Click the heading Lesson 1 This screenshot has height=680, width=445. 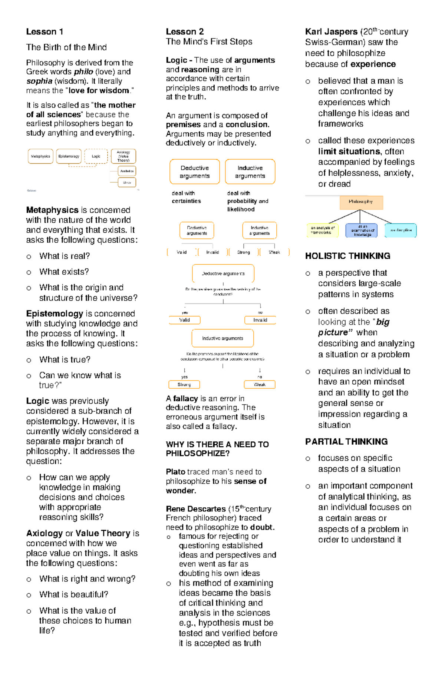[x=44, y=32]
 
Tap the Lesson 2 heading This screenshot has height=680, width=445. [x=185, y=32]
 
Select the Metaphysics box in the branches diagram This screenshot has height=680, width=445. [x=40, y=156]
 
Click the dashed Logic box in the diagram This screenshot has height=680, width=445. [x=96, y=156]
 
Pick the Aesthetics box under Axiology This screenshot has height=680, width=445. [x=127, y=171]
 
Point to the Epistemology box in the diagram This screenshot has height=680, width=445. [x=69, y=156]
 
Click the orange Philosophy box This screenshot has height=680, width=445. [x=361, y=202]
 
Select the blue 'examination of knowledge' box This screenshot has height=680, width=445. [x=361, y=230]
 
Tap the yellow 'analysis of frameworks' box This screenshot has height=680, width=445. [x=323, y=230]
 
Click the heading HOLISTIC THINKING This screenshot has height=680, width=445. [x=347, y=256]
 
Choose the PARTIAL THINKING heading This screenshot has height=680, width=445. [x=346, y=442]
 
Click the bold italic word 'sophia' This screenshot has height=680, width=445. [x=39, y=81]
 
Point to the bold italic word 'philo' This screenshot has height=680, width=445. [x=83, y=72]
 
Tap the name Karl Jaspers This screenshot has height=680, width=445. [x=331, y=32]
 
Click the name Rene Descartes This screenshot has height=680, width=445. [x=195, y=509]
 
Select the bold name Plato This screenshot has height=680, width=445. [x=175, y=472]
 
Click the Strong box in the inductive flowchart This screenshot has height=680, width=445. [x=184, y=385]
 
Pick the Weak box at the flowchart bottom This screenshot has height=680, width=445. [x=260, y=385]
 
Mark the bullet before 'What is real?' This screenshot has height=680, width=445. [x=29, y=256]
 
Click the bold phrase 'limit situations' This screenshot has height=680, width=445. [x=349, y=151]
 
